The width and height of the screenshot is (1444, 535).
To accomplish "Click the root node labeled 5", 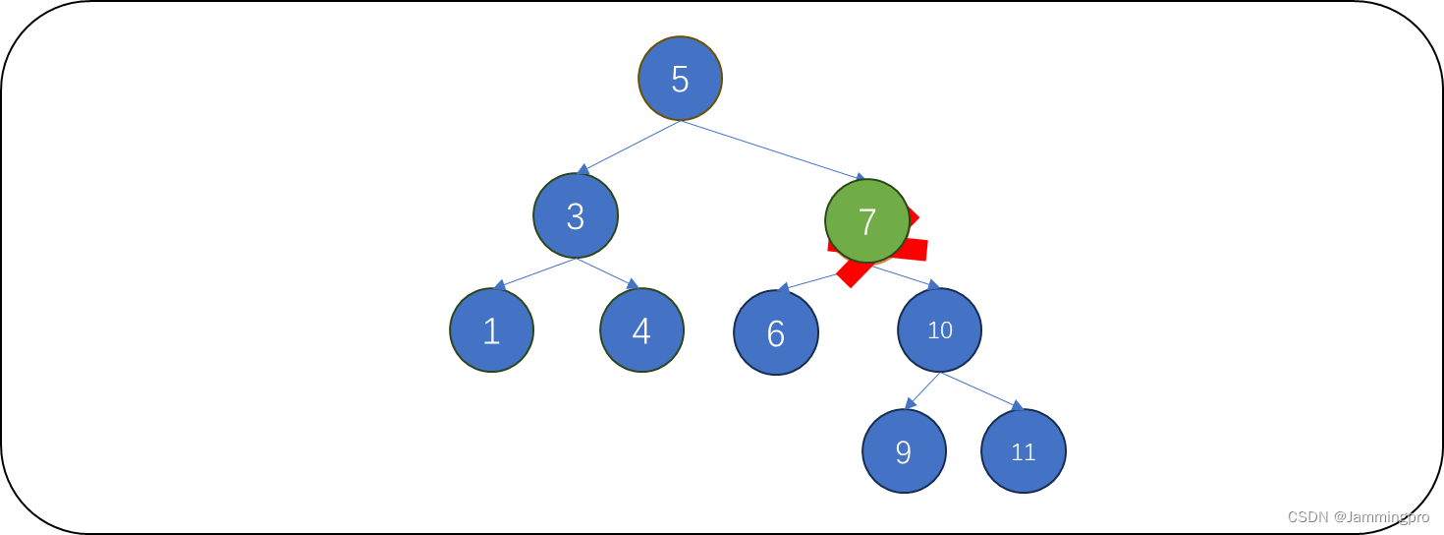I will (x=680, y=79).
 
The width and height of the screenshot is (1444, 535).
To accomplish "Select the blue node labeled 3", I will (x=576, y=216).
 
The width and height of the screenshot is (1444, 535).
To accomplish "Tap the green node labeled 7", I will (x=866, y=221).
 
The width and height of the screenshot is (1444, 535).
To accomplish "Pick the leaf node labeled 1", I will (x=491, y=330).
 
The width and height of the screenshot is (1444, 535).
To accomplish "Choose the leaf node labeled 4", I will (x=641, y=330).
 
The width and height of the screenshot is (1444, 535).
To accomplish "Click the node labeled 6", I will (x=775, y=333).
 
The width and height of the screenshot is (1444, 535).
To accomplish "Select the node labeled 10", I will (x=939, y=330).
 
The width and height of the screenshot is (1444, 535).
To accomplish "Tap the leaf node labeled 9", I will (x=904, y=451).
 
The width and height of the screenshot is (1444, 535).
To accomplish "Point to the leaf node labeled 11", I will (x=1023, y=451).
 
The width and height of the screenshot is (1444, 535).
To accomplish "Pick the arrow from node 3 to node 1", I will (x=535, y=273).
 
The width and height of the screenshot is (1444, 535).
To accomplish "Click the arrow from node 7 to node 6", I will (x=810, y=281).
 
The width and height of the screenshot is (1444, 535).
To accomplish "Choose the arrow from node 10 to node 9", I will (x=922, y=390).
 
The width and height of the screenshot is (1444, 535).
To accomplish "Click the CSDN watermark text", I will (x=1358, y=516).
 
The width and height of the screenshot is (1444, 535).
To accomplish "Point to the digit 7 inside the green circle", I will (x=866, y=222).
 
